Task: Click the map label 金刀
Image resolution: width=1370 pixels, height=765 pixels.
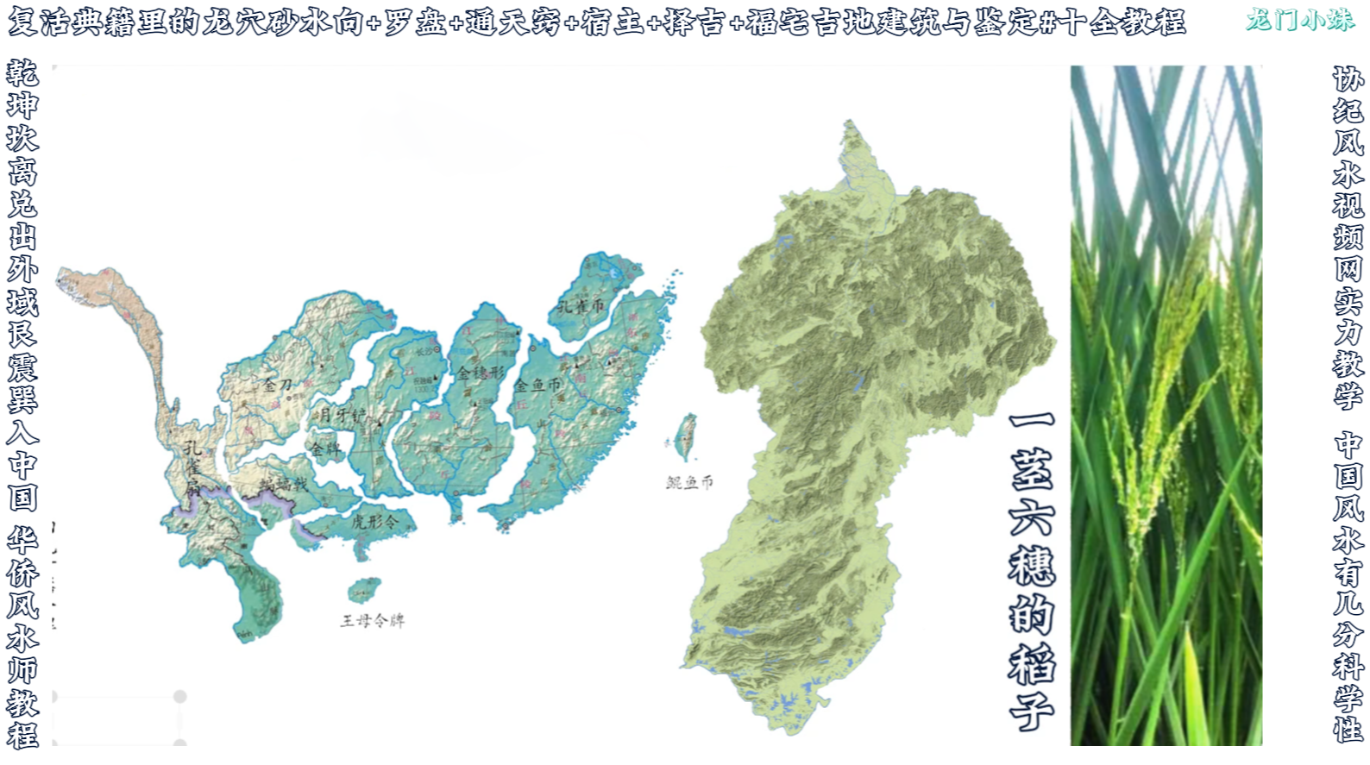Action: (x=278, y=385)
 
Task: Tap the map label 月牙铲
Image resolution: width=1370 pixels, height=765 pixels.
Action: (x=342, y=415)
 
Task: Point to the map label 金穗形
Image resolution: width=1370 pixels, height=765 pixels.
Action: (x=480, y=373)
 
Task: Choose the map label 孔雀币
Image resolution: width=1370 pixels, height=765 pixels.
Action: (x=581, y=305)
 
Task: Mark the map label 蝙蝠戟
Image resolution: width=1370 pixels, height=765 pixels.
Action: (x=284, y=484)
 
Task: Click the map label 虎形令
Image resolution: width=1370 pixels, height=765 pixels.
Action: (x=374, y=522)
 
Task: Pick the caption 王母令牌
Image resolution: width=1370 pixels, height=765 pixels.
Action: (x=372, y=621)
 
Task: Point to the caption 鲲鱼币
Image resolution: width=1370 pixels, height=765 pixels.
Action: (x=689, y=483)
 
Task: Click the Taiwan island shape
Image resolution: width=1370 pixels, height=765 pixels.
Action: (x=686, y=436)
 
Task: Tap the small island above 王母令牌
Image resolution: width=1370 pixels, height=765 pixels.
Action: (x=364, y=590)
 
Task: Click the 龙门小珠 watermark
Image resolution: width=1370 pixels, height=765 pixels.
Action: (x=1299, y=20)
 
